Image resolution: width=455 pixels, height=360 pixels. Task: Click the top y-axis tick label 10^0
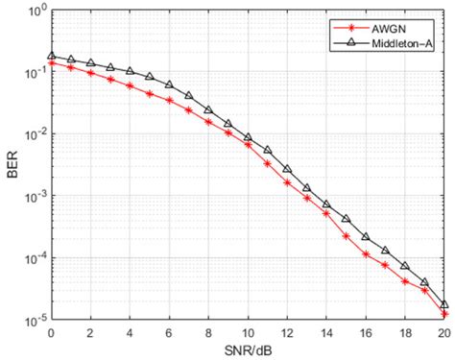33,12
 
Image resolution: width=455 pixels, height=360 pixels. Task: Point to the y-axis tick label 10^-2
32,135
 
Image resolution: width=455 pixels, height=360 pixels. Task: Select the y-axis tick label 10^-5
32,319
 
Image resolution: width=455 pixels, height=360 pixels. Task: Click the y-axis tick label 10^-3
32,197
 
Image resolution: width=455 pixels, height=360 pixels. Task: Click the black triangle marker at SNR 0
52,57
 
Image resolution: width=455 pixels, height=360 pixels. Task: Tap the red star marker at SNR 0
52,63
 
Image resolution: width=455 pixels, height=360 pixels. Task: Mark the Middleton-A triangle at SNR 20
443,303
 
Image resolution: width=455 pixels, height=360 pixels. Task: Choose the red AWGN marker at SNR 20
443,314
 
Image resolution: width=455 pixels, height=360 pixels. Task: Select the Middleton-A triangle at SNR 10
248,138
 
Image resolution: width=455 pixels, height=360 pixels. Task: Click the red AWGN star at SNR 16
366,254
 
